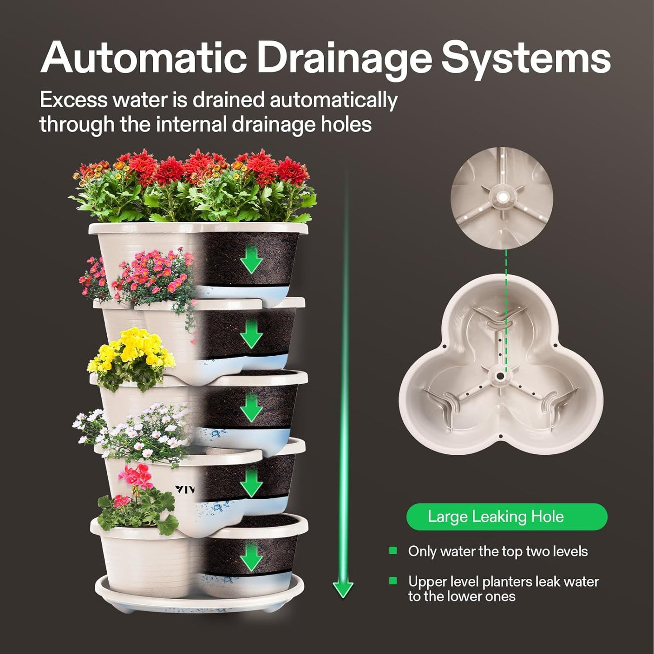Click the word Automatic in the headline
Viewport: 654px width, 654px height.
pyautogui.click(x=144, y=57)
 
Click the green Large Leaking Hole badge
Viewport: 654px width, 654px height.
pyautogui.click(x=506, y=516)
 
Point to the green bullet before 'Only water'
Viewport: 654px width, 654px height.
pyautogui.click(x=393, y=551)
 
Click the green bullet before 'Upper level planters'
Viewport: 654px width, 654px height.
pyautogui.click(x=393, y=581)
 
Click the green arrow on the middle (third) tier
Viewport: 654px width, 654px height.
pyautogui.click(x=251, y=408)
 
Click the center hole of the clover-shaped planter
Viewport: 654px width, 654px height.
pyautogui.click(x=500, y=376)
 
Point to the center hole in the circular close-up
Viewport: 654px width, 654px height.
pyautogui.click(x=502, y=197)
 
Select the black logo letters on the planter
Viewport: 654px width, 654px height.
pyautogui.click(x=185, y=489)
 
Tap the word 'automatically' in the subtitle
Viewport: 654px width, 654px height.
pyautogui.click(x=334, y=100)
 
